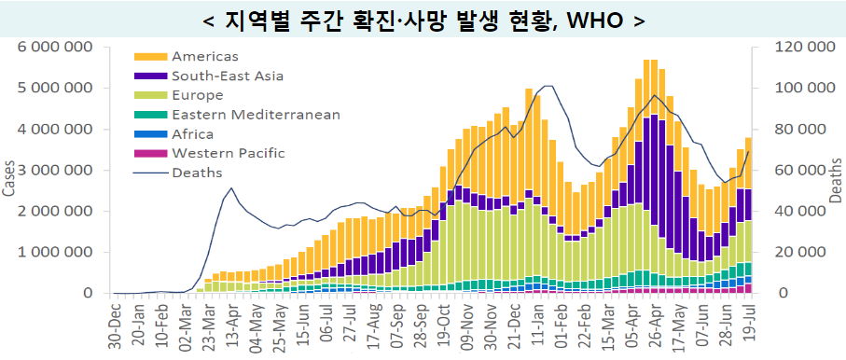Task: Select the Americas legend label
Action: (205, 56)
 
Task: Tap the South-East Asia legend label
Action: (228, 76)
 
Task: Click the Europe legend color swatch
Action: (150, 95)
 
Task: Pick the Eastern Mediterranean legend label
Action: (257, 115)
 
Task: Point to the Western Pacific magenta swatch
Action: (150, 154)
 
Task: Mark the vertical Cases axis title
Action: (8, 178)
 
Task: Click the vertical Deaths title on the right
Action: (836, 180)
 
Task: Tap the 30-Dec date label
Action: (115, 325)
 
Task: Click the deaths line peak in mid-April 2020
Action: (231, 187)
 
